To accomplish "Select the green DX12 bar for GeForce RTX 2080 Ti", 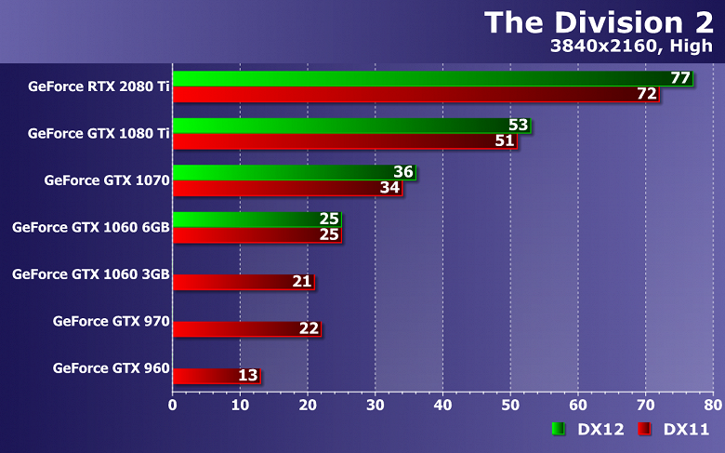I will [418, 78].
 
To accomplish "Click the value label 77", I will [680, 78].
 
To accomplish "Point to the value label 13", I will [247, 376].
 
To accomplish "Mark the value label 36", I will [402, 172].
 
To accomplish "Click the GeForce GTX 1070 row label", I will [106, 180].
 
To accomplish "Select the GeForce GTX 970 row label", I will [111, 322].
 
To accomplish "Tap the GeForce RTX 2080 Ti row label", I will [99, 86].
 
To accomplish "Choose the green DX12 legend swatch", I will [559, 429].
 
